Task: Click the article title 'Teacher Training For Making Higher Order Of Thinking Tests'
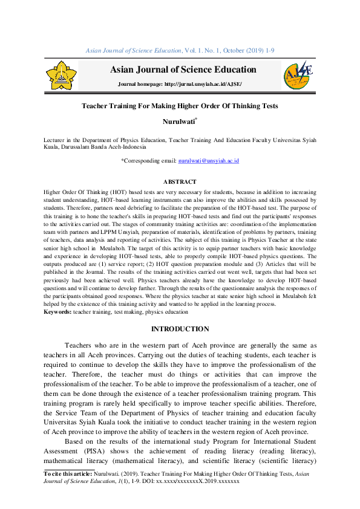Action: (180, 106)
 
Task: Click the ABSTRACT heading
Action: (180, 182)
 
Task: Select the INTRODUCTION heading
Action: (180, 329)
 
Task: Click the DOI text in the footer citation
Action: (202, 482)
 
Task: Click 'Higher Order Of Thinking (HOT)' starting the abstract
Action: (84, 191)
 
